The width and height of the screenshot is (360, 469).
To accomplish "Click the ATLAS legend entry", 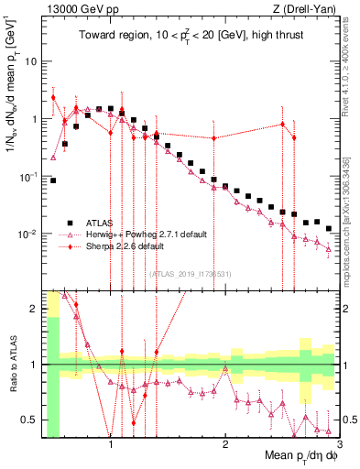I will [x=99, y=223].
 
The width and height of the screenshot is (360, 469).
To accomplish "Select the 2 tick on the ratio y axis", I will [x=32, y=309].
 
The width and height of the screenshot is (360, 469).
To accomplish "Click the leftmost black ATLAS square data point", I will [x=53, y=180].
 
